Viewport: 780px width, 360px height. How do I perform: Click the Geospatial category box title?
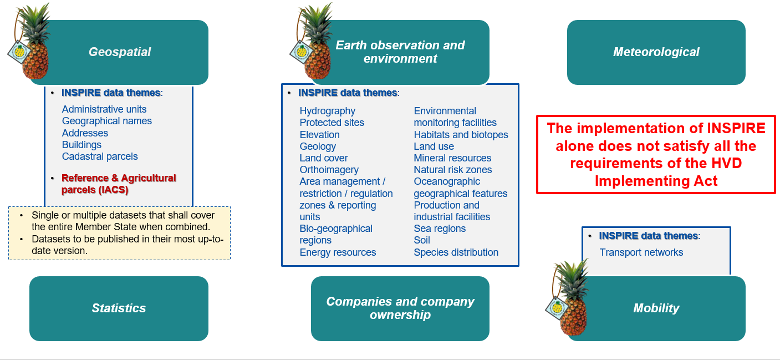pyautogui.click(x=120, y=52)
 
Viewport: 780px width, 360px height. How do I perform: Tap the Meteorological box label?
pyautogui.click(x=656, y=52)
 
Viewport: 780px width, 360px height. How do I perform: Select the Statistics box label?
pyautogui.click(x=119, y=308)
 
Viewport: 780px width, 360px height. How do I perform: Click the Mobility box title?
pyautogui.click(x=656, y=308)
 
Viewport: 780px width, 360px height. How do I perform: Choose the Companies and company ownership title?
pyautogui.click(x=400, y=308)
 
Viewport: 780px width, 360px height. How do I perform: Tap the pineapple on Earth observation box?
pyautogui.click(x=314, y=42)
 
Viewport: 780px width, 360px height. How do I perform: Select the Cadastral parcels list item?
pyautogui.click(x=100, y=156)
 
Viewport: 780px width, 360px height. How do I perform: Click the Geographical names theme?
pyautogui.click(x=106, y=121)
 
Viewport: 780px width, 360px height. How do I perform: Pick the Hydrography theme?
pyautogui.click(x=327, y=111)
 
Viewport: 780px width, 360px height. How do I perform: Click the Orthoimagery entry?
pyautogui.click(x=329, y=170)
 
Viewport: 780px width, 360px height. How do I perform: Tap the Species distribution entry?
pyautogui.click(x=456, y=252)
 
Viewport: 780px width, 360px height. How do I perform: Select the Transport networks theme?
pyautogui.click(x=641, y=252)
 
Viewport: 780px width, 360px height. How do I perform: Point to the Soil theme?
pyautogui.click(x=422, y=240)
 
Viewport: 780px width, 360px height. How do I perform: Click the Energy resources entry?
pyautogui.click(x=338, y=252)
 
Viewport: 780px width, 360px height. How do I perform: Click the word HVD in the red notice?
pyautogui.click(x=726, y=164)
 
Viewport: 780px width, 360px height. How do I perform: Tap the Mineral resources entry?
pyautogui.click(x=452, y=158)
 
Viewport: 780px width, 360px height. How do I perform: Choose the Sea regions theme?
pyautogui.click(x=440, y=229)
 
